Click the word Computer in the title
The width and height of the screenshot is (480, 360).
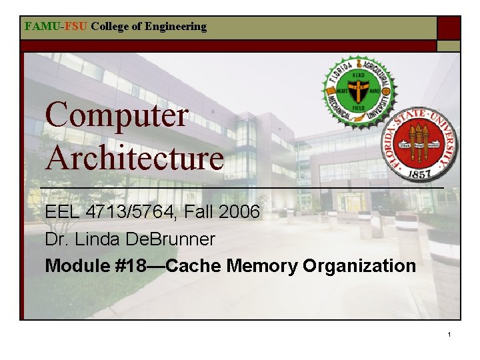point(117,115)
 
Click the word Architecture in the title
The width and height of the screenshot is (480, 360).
point(134,159)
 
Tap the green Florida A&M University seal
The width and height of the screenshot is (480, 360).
point(359,91)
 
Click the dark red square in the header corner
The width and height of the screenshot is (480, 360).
point(449,28)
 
